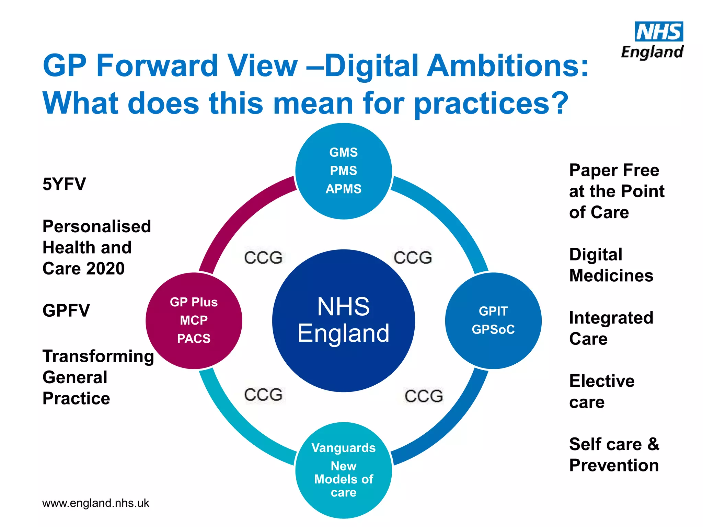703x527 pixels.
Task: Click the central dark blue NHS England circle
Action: click(343, 320)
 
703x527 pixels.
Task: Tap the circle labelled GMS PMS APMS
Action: click(343, 171)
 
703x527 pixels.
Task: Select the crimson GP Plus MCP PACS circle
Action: click(194, 320)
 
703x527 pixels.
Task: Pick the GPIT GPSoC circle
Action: click(493, 320)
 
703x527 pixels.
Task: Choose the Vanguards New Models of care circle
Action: click(343, 470)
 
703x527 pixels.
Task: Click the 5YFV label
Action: click(64, 184)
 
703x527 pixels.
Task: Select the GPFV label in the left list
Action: click(66, 311)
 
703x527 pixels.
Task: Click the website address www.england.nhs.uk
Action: click(95, 503)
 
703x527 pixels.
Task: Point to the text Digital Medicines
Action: click(611, 265)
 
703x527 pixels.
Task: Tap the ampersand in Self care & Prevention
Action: click(653, 444)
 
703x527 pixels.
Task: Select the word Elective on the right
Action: click(602, 381)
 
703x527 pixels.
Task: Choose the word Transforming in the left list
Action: click(98, 356)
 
